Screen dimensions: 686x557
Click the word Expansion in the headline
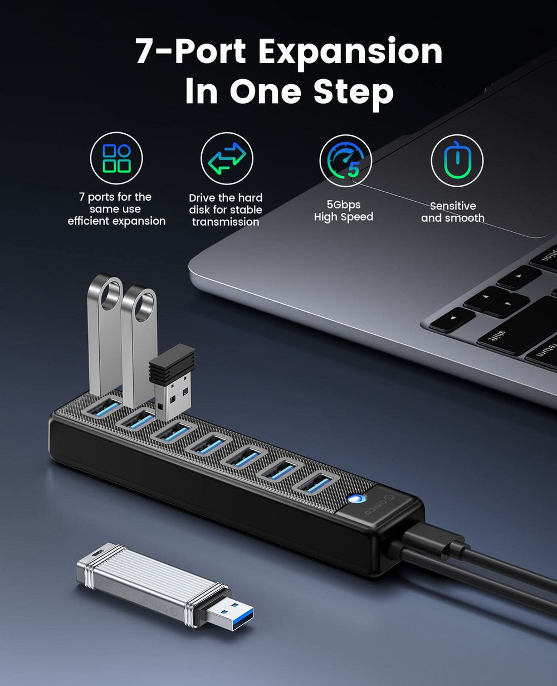pyautogui.click(x=350, y=53)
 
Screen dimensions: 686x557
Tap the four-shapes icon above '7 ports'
pyautogui.click(x=116, y=158)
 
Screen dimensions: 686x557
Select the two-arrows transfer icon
pyautogui.click(x=227, y=158)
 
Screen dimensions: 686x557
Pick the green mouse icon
pyautogui.click(x=456, y=160)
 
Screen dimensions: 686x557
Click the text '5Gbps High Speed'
pyautogui.click(x=343, y=211)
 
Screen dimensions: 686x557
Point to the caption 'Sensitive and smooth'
pyautogui.click(x=452, y=212)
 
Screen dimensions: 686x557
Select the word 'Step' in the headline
pyautogui.click(x=353, y=93)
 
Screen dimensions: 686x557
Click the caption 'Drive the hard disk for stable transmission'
pyautogui.click(x=226, y=210)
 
